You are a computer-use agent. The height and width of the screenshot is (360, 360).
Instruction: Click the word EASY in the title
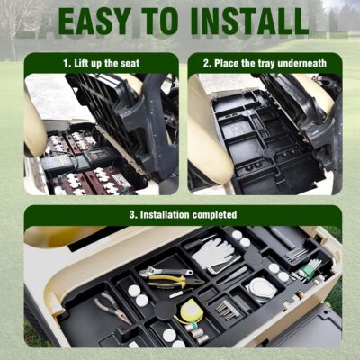click(97, 19)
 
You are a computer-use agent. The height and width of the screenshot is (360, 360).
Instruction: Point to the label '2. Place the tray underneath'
click(264, 64)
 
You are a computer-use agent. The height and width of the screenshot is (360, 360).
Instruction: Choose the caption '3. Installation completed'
click(184, 215)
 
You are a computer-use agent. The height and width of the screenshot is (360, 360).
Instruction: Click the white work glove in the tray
click(213, 254)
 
